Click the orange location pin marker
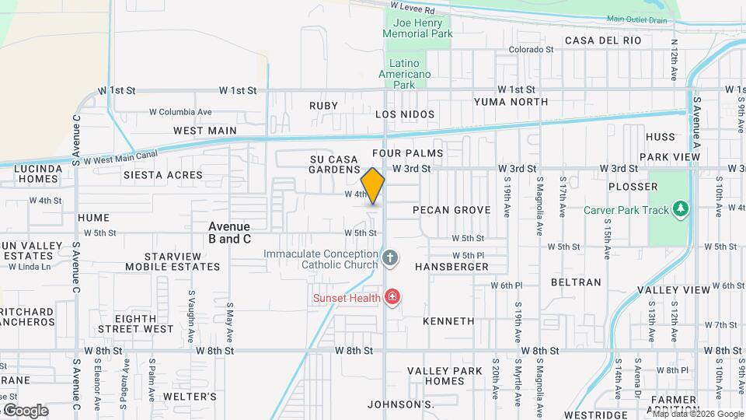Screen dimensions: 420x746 click(x=373, y=186)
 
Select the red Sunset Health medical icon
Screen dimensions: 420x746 click(x=392, y=296)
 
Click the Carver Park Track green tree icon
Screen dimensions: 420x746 click(x=681, y=208)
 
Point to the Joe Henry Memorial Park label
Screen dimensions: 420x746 click(x=418, y=30)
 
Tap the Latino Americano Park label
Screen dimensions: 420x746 click(x=404, y=74)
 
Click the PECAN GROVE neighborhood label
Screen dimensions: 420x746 click(x=451, y=210)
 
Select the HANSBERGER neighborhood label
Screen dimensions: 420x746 click(x=451, y=267)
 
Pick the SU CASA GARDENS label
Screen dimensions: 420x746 click(x=335, y=164)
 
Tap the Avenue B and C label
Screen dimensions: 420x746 click(x=229, y=233)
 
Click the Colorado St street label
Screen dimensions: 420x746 click(x=531, y=49)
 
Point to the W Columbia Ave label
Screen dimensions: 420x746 click(x=181, y=112)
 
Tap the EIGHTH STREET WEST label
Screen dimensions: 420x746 click(x=144, y=324)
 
